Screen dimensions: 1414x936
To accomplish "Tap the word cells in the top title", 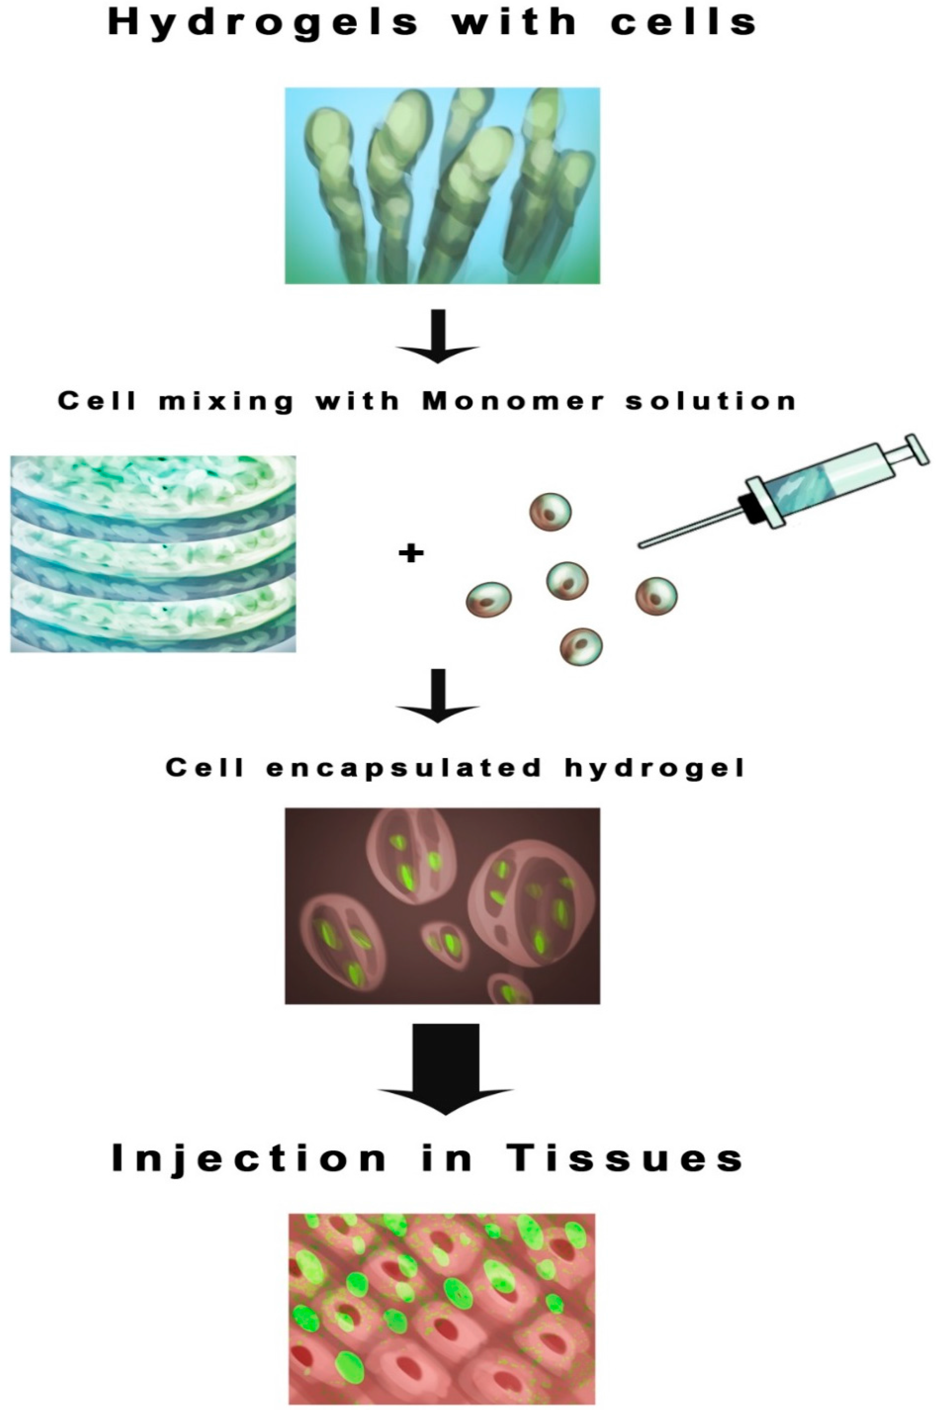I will (x=683, y=23).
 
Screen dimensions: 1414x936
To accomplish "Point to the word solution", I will (x=711, y=400).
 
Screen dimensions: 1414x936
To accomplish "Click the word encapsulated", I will (x=403, y=768).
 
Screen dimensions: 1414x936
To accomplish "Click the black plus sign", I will (x=411, y=554).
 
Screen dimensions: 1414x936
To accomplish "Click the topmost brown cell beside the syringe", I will (x=550, y=512).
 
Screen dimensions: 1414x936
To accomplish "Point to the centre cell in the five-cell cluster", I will (x=567, y=581).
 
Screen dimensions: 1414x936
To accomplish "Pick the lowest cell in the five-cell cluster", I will (x=581, y=646).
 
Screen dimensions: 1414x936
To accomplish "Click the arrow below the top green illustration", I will (x=438, y=338).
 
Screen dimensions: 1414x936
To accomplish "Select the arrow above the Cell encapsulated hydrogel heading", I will (x=438, y=696).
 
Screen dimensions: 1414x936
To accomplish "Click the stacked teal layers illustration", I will (x=153, y=554).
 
